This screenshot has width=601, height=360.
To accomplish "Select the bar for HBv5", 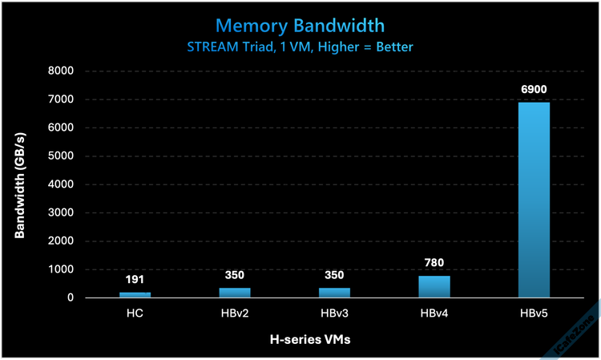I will click(534, 200).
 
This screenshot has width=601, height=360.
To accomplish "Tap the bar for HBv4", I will click(434, 286).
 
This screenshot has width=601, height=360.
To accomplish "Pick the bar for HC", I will click(135, 294).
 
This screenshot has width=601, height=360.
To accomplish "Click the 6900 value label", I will click(534, 89).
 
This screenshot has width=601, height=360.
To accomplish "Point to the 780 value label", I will click(434, 262).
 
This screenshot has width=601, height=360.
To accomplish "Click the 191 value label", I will click(135, 279).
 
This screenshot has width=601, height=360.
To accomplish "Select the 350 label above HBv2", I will click(234, 274).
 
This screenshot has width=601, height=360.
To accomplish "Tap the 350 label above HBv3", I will click(334, 274).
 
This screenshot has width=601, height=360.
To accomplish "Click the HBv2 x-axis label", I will click(234, 313).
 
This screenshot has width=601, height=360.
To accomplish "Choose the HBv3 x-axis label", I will click(334, 313).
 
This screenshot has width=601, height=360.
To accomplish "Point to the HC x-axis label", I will click(135, 313).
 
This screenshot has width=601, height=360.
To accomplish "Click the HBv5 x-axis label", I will click(534, 313).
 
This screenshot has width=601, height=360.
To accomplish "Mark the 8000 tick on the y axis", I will click(61, 71).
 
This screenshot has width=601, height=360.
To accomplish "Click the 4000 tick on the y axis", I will click(61, 184).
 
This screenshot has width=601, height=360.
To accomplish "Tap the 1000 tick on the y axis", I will click(61, 269).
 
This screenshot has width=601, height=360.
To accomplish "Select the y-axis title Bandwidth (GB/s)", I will click(20, 184).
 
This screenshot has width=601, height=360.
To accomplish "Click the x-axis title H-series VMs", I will click(309, 339).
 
